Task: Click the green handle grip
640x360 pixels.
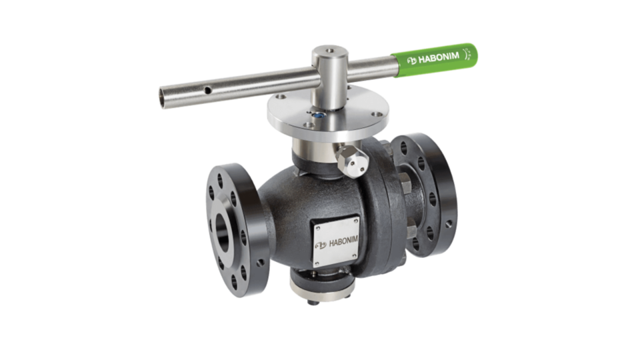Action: pyautogui.click(x=434, y=59)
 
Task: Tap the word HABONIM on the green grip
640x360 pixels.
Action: pyautogui.click(x=439, y=57)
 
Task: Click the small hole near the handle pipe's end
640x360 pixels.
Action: pyautogui.click(x=208, y=90)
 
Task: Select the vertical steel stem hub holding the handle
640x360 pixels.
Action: pyautogui.click(x=330, y=77)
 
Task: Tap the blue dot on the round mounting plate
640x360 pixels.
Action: pyautogui.click(x=318, y=115)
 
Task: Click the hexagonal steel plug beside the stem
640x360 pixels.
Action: pyautogui.click(x=351, y=161)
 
